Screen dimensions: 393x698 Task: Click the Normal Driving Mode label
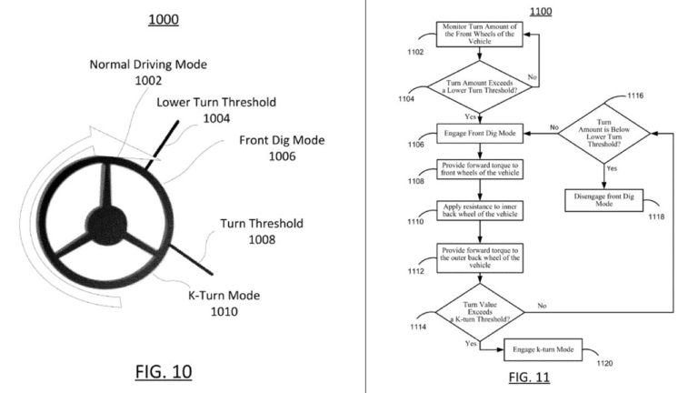148,72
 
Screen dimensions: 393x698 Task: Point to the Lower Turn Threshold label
216,110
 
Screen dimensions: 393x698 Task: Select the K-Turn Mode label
212,303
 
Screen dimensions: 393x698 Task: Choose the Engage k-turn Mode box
543,348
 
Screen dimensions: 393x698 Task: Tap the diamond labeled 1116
604,133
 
